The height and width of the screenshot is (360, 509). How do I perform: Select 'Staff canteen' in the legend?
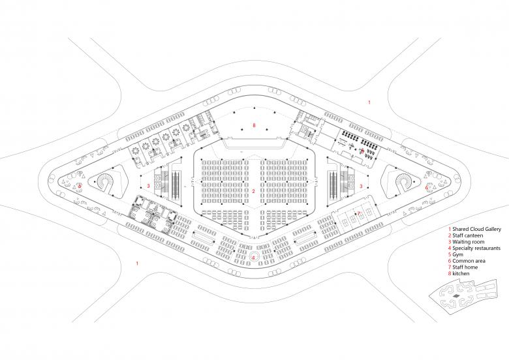pos(467,236)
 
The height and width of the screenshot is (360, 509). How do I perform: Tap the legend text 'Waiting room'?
pos(468,242)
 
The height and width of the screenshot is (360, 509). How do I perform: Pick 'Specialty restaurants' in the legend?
pos(476,248)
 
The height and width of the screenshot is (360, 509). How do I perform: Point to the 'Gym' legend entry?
pos(457,254)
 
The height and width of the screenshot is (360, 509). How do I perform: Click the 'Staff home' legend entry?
pos(465,267)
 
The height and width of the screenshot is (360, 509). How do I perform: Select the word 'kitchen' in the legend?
pos(461,273)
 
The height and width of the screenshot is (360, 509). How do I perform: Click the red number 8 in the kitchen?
pos(254,125)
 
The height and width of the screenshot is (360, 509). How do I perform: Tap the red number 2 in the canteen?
pos(254,191)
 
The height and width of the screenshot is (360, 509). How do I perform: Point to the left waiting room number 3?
pos(148,186)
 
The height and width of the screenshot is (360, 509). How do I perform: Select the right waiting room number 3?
pos(361,186)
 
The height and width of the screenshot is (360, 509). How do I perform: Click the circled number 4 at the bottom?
pos(254,258)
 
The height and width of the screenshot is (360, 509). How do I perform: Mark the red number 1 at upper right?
pos(369,102)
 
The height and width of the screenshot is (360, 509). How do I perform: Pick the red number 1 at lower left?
pos(137,263)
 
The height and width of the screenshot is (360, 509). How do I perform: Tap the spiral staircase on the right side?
pos(405,183)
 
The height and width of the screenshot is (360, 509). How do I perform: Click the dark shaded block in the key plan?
pos(456,296)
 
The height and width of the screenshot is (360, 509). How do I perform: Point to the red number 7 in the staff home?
pos(359,213)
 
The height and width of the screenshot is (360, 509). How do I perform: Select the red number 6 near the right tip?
pos(427,187)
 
